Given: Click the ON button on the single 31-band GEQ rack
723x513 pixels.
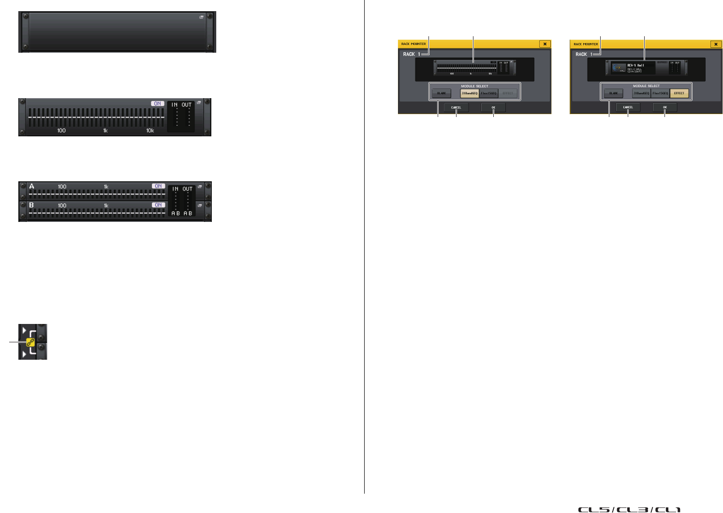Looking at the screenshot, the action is click(157, 103).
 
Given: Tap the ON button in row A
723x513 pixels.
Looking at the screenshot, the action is click(158, 186).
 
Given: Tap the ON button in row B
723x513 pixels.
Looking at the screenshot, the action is click(158, 205).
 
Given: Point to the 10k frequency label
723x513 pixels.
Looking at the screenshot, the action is click(150, 131).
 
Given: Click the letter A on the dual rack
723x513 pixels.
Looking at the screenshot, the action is click(32, 186).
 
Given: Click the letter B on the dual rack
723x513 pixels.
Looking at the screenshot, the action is click(31, 205).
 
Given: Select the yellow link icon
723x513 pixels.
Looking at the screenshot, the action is click(30, 342).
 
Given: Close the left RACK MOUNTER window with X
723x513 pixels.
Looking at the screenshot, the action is click(545, 44).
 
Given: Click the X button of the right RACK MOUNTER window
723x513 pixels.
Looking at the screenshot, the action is click(716, 44).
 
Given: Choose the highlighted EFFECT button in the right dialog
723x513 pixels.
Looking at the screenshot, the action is click(679, 93).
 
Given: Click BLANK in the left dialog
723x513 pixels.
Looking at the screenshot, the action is click(441, 93).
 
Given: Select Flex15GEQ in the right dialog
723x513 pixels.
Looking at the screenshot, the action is click(660, 93).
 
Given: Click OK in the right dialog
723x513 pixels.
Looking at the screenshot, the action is click(664, 107).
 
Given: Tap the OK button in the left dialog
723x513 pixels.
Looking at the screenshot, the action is click(493, 107).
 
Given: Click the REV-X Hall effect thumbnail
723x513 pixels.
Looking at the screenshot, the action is click(619, 68).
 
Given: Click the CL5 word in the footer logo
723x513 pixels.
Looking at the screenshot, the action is click(594, 509).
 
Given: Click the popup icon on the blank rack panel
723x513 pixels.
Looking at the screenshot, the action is click(202, 17).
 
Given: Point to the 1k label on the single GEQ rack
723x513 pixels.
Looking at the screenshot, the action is click(105, 131).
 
